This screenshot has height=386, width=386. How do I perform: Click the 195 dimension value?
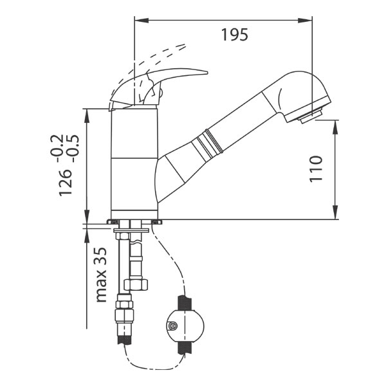tap(235, 35)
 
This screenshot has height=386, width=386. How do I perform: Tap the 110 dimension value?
tap(316, 169)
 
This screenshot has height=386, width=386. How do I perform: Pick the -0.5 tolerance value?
tap(73, 148)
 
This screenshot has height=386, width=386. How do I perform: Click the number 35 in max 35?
tap(100, 256)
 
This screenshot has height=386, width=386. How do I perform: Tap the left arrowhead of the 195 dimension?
tap(142, 21)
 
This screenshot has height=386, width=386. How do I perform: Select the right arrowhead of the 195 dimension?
tap(305, 21)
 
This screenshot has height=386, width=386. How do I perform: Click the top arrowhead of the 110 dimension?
tap(335, 127)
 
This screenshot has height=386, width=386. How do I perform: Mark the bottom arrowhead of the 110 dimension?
tap(335, 212)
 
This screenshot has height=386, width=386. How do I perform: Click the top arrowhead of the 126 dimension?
tap(87, 115)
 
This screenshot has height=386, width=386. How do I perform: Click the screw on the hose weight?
tap(172, 326)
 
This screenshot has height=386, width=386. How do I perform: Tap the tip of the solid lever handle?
tap(207, 73)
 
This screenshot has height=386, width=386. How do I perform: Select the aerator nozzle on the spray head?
tap(311, 116)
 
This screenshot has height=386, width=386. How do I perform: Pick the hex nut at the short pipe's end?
tap(136, 284)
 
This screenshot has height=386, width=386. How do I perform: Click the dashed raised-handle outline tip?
tap(185, 45)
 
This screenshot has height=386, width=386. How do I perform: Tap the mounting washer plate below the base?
tap(131, 230)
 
